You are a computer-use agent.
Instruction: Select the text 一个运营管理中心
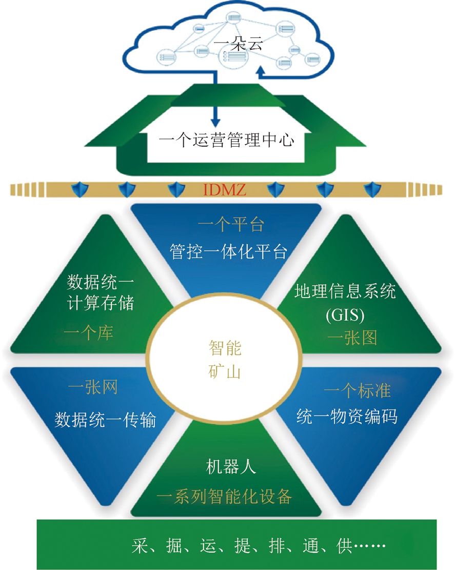pos(226,140)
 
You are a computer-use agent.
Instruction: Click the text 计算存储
pos(101,304)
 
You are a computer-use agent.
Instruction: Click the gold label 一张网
pos(93,387)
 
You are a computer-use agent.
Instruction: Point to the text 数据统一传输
pos(105,420)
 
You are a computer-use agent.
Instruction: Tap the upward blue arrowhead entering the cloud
pos(261,71)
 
